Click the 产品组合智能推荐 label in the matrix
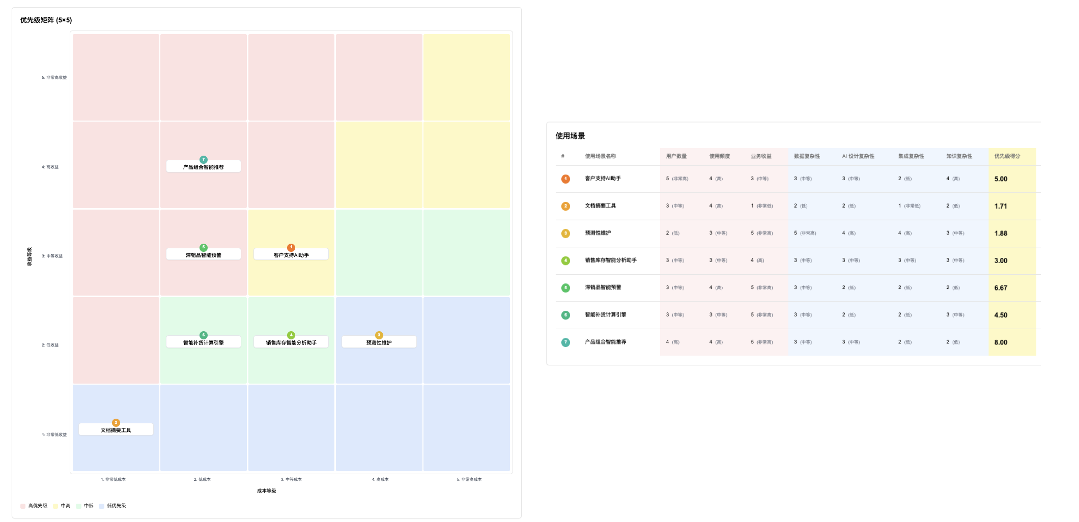pos(204,167)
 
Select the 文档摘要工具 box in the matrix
pos(116,430)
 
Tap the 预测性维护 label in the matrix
pos(379,342)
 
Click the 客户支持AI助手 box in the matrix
pos(291,255)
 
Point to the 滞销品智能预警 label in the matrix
pos(204,255)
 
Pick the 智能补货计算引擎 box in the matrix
pos(204,342)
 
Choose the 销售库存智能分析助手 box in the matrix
pos(291,342)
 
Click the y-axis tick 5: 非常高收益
pos(54,78)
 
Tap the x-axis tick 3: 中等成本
pos(291,479)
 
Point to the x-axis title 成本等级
pos(266,491)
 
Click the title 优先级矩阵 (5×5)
pos(46,20)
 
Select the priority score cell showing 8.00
pos(1001,342)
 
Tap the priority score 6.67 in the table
pos(1001,288)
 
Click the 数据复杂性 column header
pos(807,156)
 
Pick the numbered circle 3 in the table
pos(565,234)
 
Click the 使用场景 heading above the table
pos(570,136)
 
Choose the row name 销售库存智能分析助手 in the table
pos(610,260)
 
